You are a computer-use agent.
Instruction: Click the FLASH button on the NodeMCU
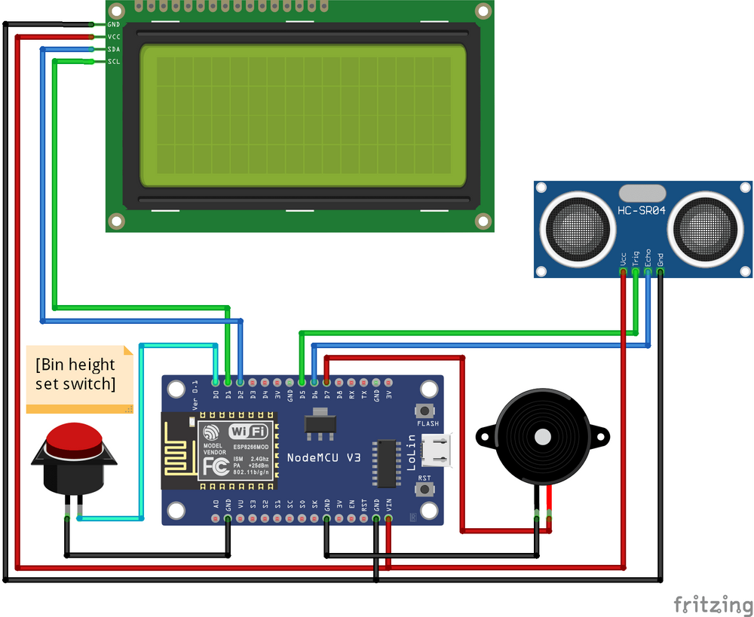coord(427,411)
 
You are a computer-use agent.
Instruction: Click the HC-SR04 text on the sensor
coord(641,211)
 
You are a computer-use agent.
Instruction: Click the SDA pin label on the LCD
coord(113,49)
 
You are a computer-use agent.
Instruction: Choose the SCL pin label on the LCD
coord(113,62)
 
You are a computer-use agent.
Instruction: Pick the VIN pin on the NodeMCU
coord(388,518)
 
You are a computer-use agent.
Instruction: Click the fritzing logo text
coord(713,604)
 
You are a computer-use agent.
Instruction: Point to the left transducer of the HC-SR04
coord(575,225)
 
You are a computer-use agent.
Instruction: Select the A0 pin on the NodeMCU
coord(216,518)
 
